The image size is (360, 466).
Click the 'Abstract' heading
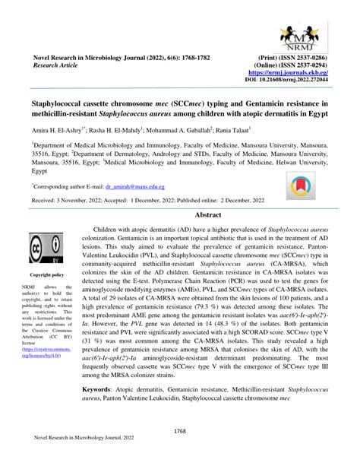tap(207, 215)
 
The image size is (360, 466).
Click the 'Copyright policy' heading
tap(46, 274)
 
